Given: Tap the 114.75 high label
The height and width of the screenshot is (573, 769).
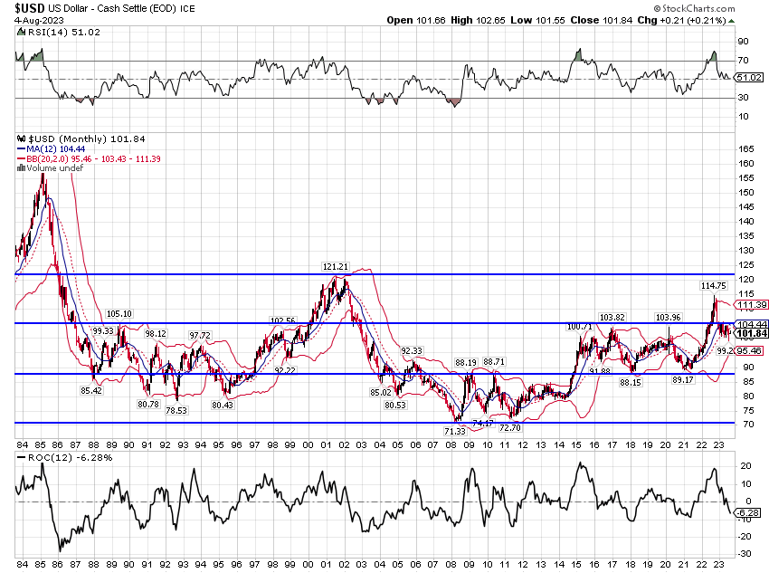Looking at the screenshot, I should (x=713, y=285).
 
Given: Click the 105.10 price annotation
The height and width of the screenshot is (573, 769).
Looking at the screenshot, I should (x=119, y=314).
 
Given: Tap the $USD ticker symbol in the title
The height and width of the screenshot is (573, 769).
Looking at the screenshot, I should (x=31, y=7).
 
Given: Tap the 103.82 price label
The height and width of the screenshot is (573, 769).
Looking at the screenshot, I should (x=612, y=317).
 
